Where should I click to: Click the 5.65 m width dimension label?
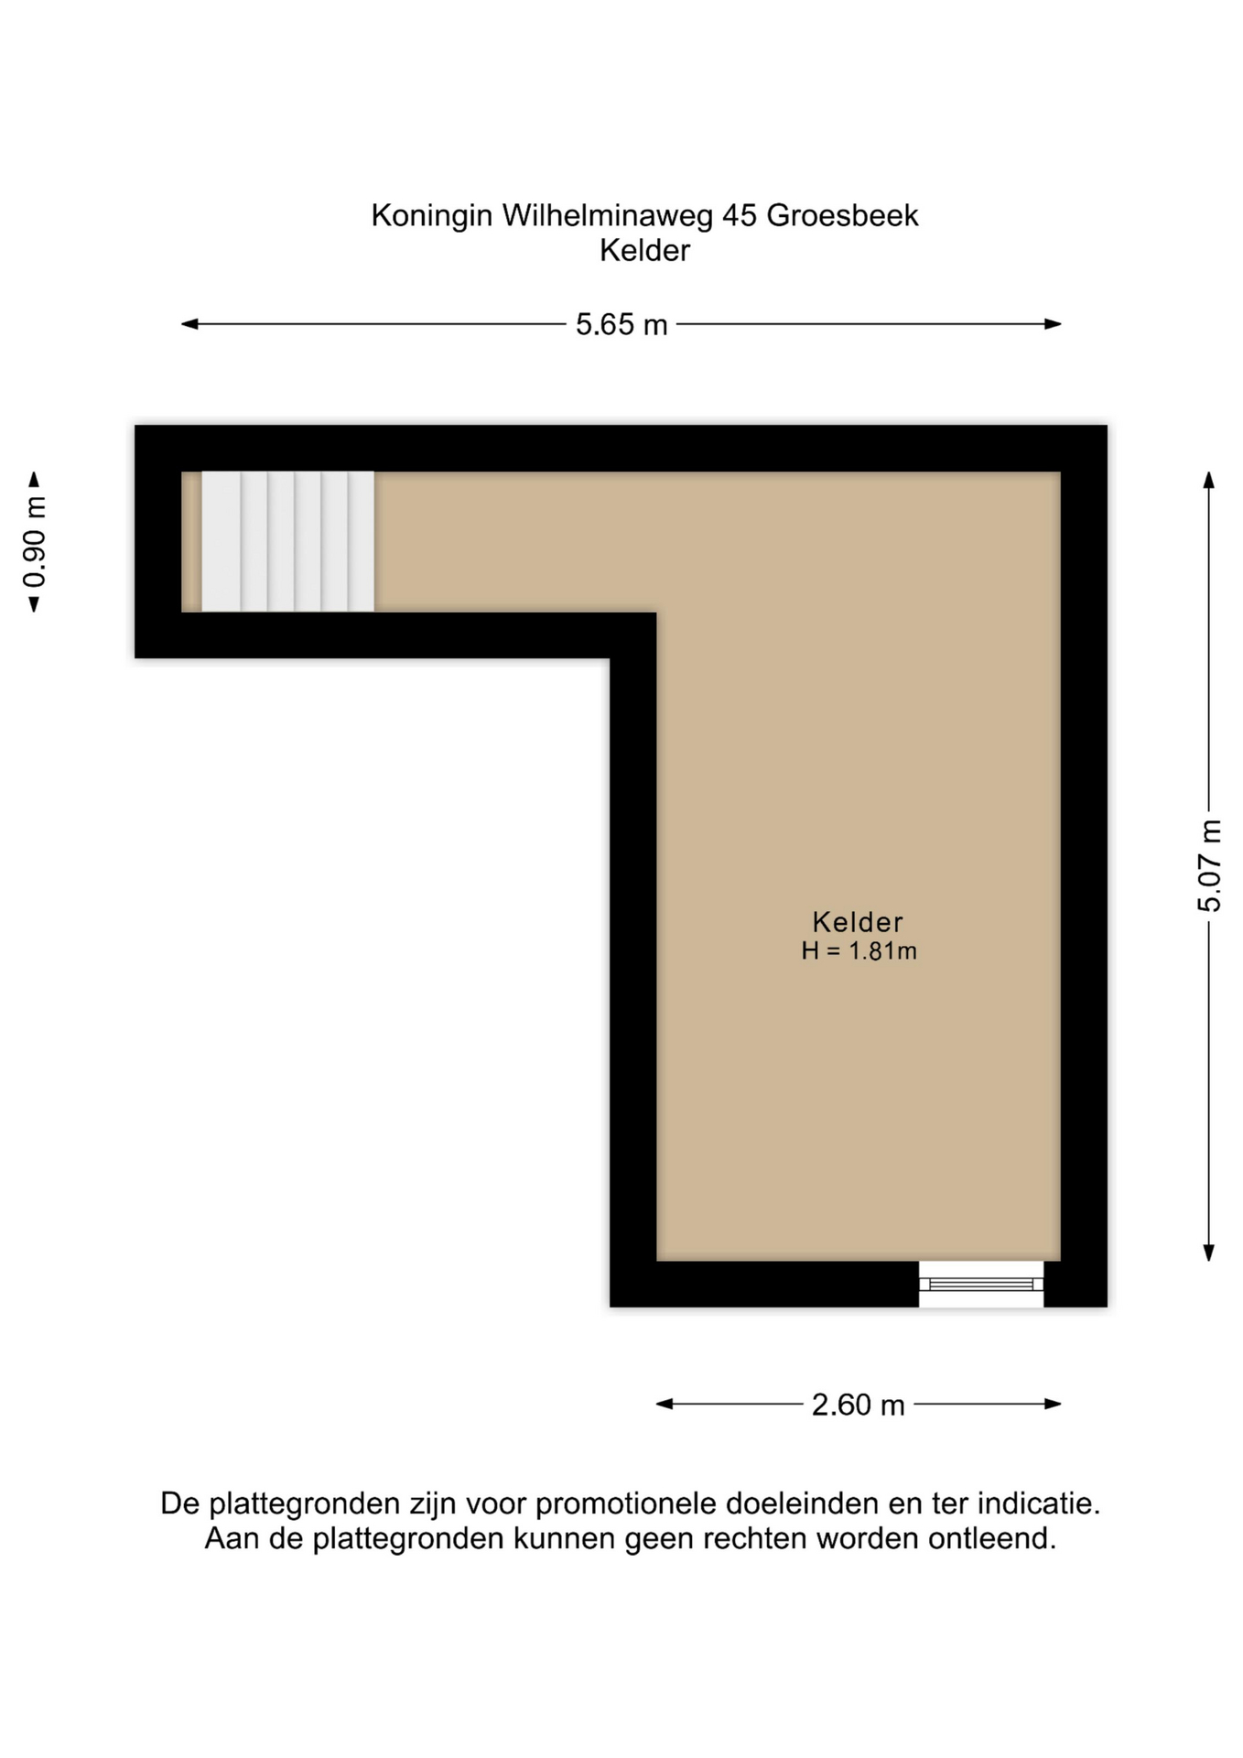tap(621, 325)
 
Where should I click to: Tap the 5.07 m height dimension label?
tap(1209, 866)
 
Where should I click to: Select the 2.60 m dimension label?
tap(858, 1405)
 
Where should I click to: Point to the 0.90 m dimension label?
tap(35, 542)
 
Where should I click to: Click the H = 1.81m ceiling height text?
tap(859, 951)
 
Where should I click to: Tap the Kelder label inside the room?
tap(858, 922)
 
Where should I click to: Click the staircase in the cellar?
tap(287, 541)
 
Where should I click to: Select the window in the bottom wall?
tap(981, 1284)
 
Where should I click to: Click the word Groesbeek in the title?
tap(842, 216)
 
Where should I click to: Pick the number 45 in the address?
tap(740, 216)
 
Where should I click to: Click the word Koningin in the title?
tap(432, 217)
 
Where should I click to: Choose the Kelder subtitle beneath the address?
tap(644, 251)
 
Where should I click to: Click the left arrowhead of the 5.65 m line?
tap(189, 324)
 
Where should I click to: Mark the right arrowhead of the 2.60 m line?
tap(1053, 1404)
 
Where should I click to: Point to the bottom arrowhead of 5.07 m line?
tap(1209, 1253)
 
